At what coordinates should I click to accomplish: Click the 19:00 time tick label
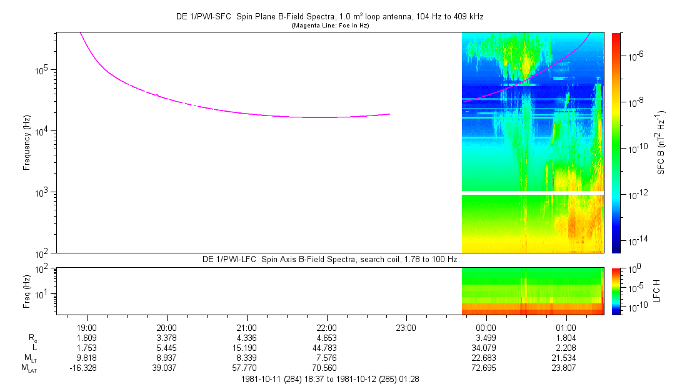86,327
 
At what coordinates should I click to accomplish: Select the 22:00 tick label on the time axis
326,327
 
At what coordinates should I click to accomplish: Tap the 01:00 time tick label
566,327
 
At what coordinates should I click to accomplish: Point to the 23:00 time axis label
406,327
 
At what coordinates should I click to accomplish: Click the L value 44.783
326,347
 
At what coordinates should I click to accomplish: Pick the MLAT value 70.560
326,368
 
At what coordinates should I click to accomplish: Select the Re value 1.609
86,337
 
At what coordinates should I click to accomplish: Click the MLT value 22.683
486,358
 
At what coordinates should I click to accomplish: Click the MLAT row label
29,368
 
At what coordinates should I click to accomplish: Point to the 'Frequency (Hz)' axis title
27,142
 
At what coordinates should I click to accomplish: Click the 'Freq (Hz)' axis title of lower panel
27,291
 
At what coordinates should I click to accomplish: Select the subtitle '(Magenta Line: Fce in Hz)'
329,25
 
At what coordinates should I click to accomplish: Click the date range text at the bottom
329,379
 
